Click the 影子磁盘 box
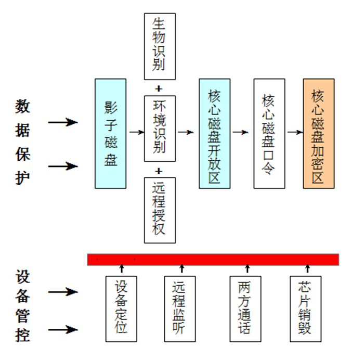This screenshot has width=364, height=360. (110, 133)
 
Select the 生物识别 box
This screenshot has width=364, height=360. (160, 46)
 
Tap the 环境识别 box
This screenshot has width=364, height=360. (160, 128)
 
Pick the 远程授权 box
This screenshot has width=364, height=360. (160, 210)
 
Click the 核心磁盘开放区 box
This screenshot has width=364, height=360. (214, 133)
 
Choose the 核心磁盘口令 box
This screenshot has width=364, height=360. (269, 133)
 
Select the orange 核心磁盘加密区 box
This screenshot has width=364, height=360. (318, 133)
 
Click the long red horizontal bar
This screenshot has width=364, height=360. (213, 259)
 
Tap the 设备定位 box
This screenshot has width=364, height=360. (121, 308)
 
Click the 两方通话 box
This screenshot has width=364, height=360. (246, 308)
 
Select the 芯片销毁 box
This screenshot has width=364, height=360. (306, 308)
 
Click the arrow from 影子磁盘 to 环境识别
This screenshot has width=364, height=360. (136, 132)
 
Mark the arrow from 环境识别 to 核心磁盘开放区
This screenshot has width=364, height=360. (186, 132)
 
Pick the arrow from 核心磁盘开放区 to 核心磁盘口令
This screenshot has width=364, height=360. (240, 132)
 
